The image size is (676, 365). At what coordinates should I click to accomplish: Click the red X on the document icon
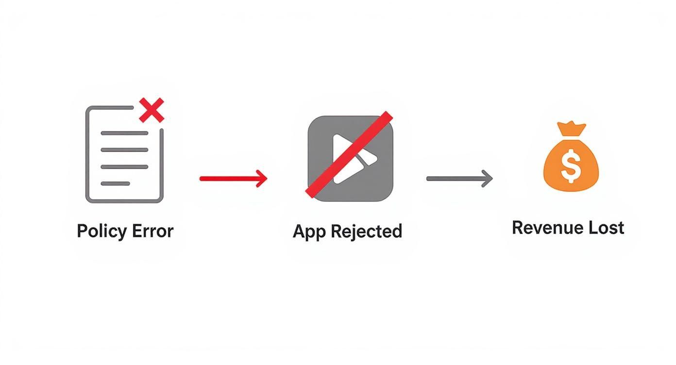152,110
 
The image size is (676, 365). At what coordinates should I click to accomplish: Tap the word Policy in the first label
101,231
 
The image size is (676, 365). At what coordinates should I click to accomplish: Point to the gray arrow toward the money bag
458,179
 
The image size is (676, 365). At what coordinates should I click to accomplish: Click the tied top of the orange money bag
571,129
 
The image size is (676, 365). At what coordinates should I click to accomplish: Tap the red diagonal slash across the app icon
349,154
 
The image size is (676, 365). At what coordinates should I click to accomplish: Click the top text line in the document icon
124,133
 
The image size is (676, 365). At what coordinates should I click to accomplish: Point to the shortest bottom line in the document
115,183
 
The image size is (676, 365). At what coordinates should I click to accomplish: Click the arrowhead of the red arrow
263,179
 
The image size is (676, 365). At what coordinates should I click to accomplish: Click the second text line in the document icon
124,150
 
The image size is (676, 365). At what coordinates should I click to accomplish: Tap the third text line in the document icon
124,167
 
